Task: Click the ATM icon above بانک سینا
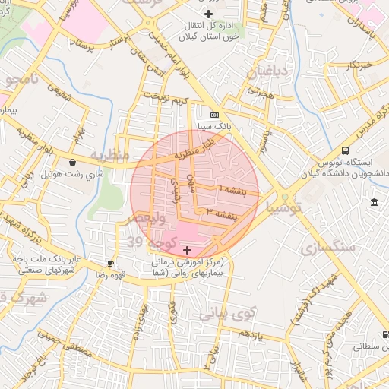(204, 115)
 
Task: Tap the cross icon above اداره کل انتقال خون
(209, 14)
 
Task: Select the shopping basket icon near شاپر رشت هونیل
(72, 162)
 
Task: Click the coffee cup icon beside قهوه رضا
(111, 264)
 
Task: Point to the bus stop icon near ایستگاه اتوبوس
(346, 150)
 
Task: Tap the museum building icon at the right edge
(374, 202)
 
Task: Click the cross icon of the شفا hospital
(188, 249)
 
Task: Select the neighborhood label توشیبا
(286, 207)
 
